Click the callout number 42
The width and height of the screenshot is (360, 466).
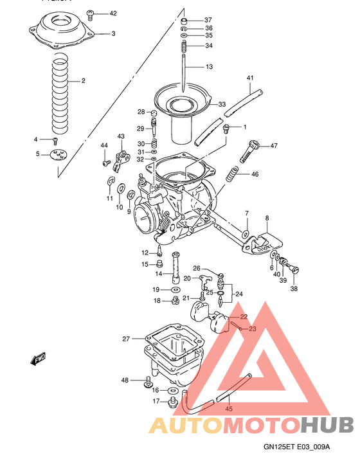113,13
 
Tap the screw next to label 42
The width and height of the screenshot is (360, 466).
92,13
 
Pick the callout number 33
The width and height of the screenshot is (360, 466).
222,104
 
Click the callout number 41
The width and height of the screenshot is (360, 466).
250,78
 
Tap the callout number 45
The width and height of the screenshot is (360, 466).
228,408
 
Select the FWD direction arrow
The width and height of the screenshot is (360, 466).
38,358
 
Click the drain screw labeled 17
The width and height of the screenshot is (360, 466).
172,402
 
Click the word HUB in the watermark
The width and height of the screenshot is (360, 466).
327,425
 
